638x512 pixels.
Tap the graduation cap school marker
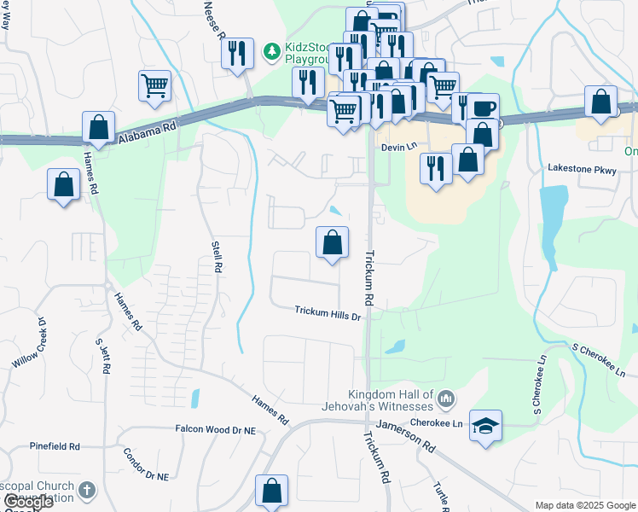[485, 425]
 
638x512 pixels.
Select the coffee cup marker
[483, 108]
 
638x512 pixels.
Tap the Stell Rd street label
[217, 257]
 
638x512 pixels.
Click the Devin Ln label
[399, 147]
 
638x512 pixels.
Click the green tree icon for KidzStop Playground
[271, 52]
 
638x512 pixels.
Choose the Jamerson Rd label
[406, 435]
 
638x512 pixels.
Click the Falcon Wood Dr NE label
[215, 430]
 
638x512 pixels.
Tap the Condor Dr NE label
[146, 464]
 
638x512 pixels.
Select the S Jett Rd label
[103, 356]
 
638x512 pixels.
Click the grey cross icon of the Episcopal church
[85, 491]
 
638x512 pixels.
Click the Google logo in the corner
[28, 502]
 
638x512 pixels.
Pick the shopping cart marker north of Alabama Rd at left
[154, 84]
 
